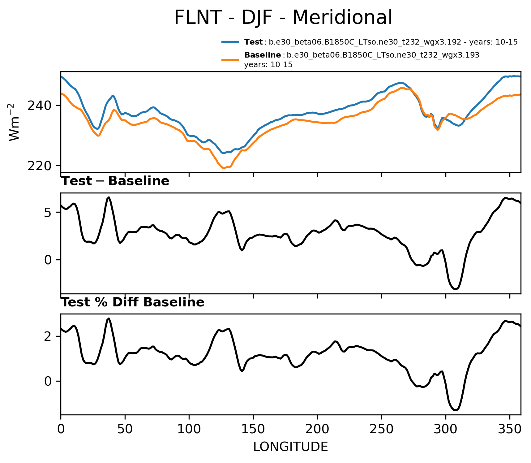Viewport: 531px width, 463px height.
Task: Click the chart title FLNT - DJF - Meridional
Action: [x=283, y=17]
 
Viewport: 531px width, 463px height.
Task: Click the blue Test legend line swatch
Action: [x=230, y=42]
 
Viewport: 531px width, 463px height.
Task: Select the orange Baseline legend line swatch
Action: [x=230, y=59]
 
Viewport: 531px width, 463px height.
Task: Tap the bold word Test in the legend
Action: [x=253, y=42]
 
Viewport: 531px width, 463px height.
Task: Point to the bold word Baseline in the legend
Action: [x=262, y=55]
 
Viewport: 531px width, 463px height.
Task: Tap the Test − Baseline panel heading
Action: [x=115, y=181]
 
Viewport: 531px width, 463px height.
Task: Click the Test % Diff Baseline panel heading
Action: [x=133, y=302]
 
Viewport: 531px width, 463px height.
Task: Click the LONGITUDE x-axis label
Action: [x=290, y=447]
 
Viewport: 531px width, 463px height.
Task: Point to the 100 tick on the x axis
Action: [x=189, y=429]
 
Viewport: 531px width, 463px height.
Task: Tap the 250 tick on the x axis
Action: [x=381, y=429]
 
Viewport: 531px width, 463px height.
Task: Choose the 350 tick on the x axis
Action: [x=510, y=429]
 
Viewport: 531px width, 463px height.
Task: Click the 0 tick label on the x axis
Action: [x=61, y=429]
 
